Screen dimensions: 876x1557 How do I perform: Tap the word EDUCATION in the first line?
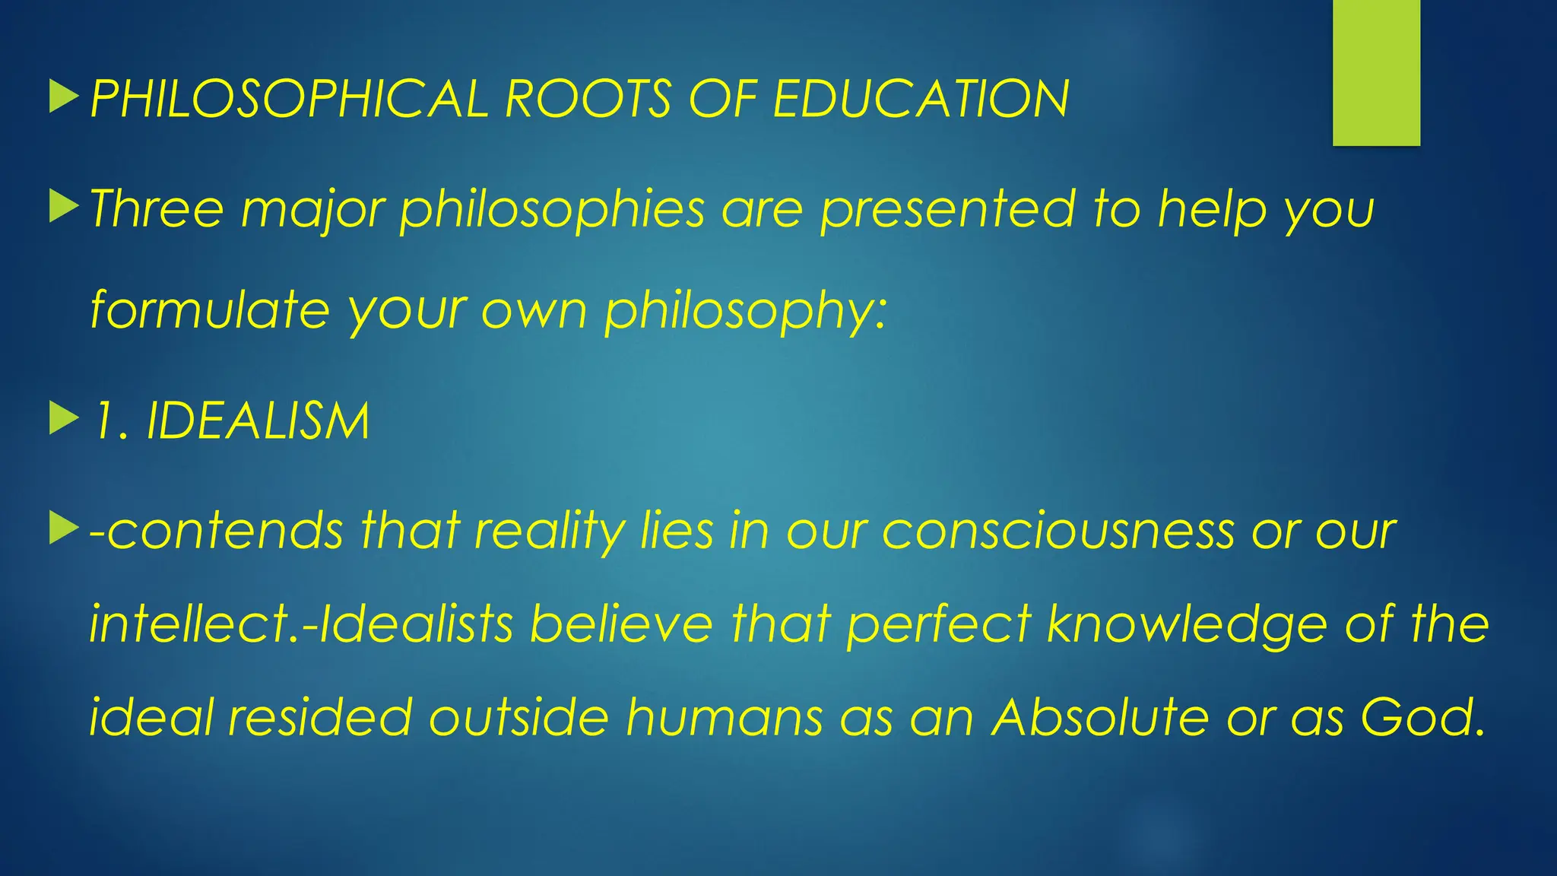921,100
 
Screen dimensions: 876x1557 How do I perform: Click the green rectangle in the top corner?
1376,72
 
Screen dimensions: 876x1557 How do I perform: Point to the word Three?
157,208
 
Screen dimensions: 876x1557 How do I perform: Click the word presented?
947,210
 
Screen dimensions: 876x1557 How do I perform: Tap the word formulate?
210,310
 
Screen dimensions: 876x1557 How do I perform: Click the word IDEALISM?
258,421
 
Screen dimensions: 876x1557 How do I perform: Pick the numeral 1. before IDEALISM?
109,421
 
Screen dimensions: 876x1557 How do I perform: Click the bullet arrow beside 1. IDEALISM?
64,419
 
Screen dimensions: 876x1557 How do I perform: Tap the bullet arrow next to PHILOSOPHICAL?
64,98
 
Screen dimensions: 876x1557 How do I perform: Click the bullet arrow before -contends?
64,528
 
